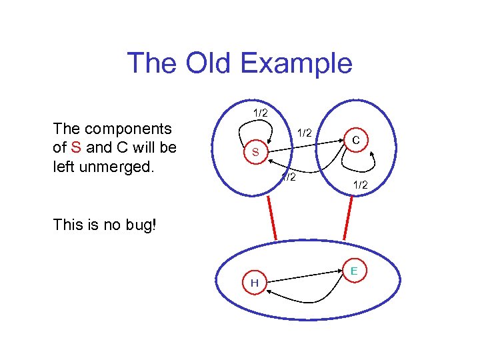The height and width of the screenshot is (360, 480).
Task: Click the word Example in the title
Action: coord(296,63)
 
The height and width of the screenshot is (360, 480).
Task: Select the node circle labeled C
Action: coord(357,140)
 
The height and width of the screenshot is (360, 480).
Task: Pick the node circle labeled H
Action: coord(255,283)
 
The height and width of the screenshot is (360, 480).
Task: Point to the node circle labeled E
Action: coord(354,270)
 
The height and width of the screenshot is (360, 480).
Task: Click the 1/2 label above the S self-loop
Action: coord(260,113)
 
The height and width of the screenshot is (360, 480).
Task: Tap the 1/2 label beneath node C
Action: coord(360,185)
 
